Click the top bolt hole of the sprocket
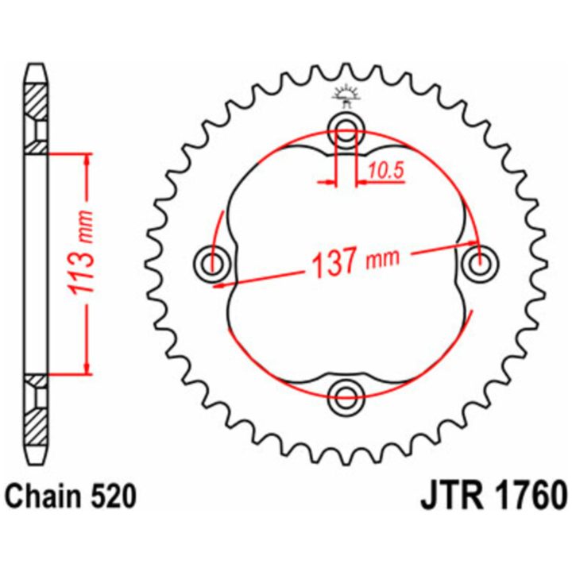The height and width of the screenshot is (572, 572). point(346,129)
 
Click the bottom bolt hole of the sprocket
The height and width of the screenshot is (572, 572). point(346,396)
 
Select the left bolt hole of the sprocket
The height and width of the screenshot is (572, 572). point(211,264)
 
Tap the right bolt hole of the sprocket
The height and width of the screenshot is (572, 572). point(481,264)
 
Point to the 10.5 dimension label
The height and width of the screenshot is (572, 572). point(385,170)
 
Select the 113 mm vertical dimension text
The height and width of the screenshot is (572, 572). point(80,252)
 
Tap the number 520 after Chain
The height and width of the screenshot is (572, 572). point(114,497)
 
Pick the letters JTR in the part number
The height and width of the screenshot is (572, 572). point(451,497)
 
